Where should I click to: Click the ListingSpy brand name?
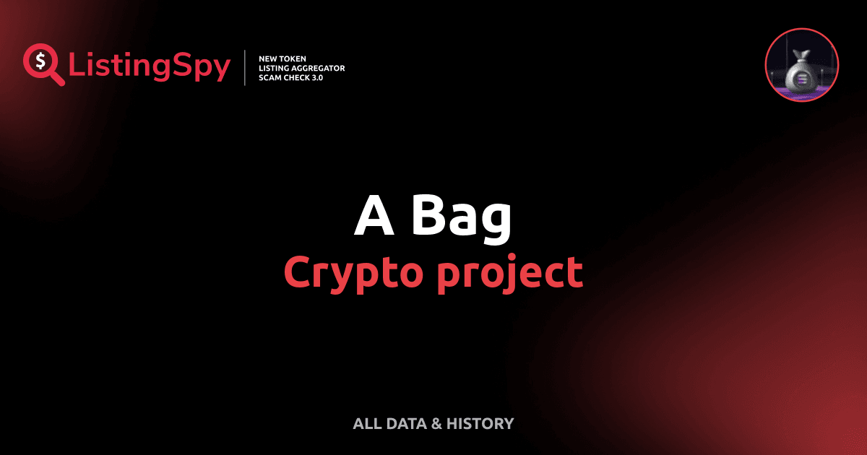[x=150, y=67]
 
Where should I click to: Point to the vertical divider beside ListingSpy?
[x=246, y=68]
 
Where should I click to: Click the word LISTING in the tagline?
[x=275, y=68]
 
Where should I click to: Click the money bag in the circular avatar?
[x=801, y=71]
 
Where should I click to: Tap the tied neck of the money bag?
[x=801, y=55]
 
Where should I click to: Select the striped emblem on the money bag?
[x=801, y=78]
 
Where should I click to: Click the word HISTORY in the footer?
[x=480, y=424]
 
